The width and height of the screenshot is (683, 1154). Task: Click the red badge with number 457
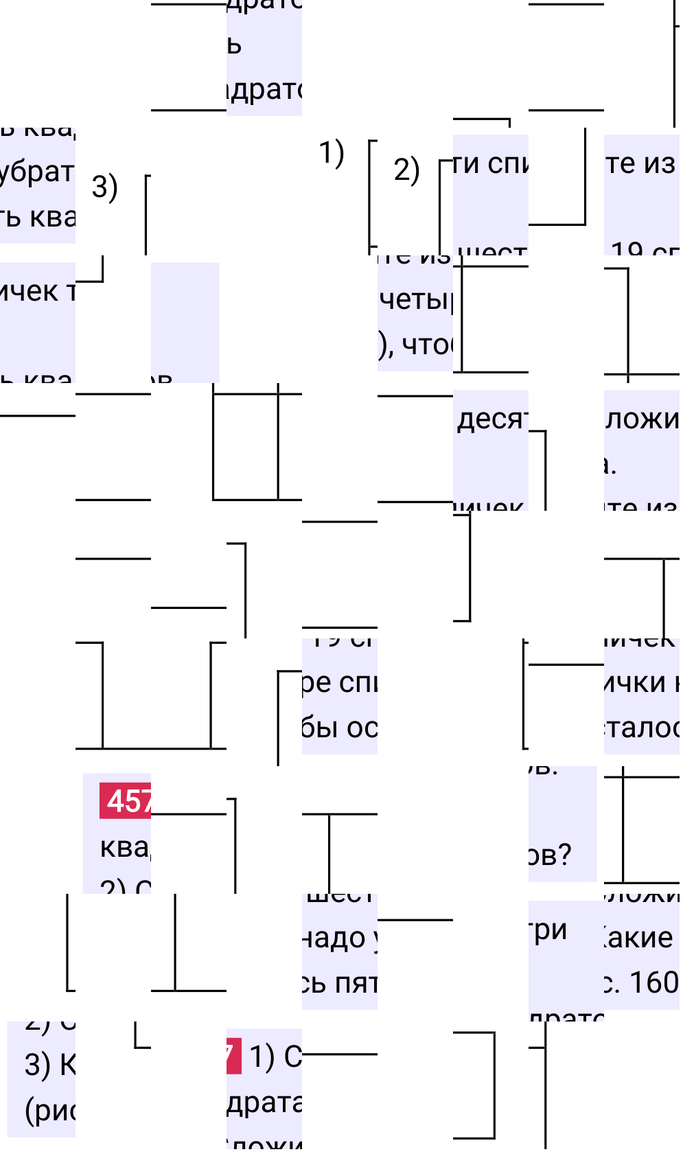(x=126, y=800)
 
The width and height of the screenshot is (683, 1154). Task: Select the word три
(x=549, y=930)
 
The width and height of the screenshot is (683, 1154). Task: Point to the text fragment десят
(x=491, y=419)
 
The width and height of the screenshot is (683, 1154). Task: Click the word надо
(x=335, y=938)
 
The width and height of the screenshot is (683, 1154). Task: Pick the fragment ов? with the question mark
(x=549, y=855)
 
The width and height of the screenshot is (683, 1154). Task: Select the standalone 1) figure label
(x=332, y=153)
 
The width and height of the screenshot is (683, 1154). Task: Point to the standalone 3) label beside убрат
(x=104, y=187)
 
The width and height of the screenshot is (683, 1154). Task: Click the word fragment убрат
(x=37, y=172)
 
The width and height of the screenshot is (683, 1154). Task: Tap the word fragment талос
(x=641, y=728)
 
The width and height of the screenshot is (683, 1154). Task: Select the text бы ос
(x=339, y=728)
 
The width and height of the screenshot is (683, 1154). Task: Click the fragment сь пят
(x=339, y=983)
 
